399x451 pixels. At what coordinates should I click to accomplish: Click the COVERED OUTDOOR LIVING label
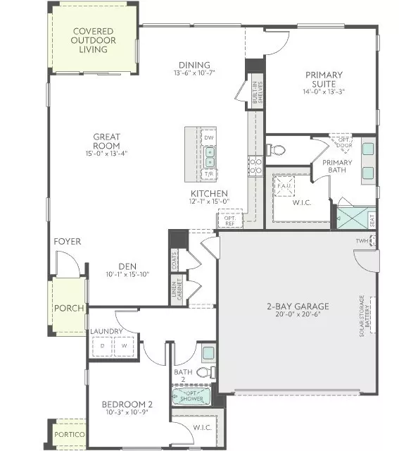(94, 40)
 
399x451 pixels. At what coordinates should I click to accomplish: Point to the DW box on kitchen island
(208, 137)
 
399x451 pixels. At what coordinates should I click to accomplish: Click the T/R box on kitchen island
(208, 173)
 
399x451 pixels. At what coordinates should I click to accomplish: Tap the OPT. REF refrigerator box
(229, 220)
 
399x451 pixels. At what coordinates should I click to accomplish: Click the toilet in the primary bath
(277, 149)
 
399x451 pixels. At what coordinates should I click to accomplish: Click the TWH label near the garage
(362, 241)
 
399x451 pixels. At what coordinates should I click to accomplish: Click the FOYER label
(68, 242)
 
